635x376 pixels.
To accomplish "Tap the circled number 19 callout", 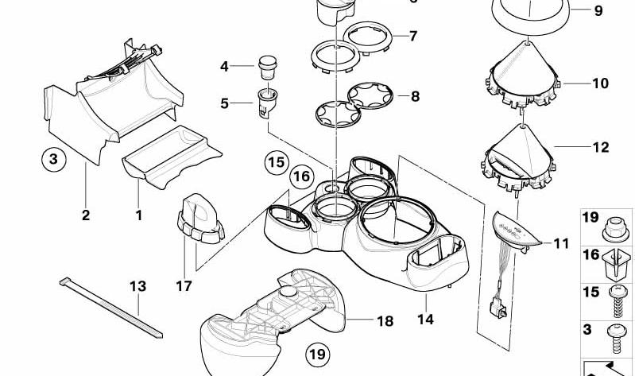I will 318,352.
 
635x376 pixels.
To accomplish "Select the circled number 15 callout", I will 275,164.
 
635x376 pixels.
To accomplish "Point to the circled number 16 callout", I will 300,176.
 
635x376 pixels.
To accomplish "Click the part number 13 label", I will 138,285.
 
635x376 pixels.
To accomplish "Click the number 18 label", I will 385,321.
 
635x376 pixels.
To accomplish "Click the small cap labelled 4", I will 268,64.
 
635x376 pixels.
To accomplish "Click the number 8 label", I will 413,97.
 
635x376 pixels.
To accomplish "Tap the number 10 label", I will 599,83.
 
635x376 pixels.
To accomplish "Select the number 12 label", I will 600,147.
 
